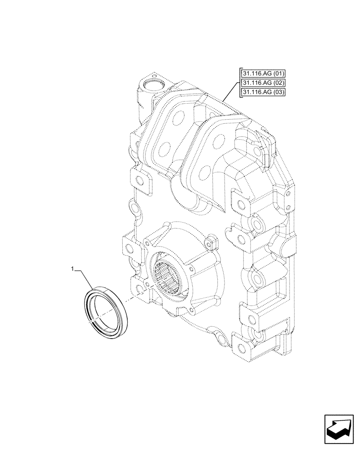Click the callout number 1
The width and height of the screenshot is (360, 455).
[72, 270]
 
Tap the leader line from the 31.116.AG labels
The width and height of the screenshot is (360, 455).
[231, 91]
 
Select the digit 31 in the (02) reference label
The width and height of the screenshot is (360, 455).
[246, 83]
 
